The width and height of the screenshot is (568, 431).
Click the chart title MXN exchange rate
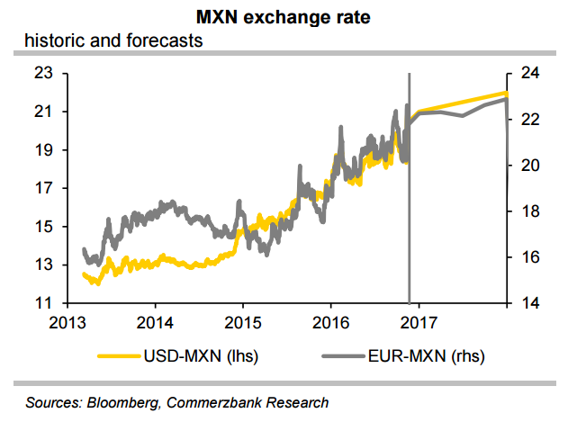[284, 18]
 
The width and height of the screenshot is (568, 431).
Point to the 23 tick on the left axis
[46, 73]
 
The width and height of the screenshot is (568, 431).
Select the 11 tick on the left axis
[46, 303]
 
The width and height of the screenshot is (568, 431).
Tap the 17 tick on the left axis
[46, 188]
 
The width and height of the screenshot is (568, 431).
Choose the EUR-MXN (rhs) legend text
[422, 356]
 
